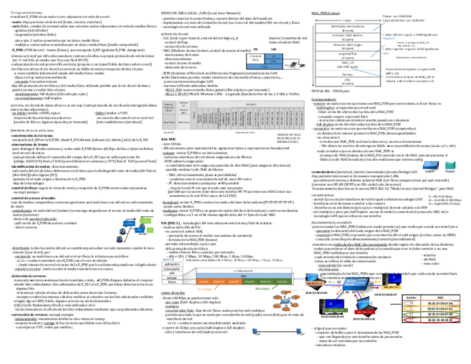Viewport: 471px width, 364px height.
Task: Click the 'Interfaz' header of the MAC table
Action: click(410, 298)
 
